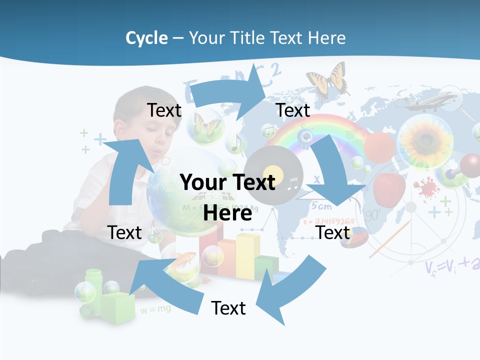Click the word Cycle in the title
point(146,38)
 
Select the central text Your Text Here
point(228,197)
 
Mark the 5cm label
point(321,205)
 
